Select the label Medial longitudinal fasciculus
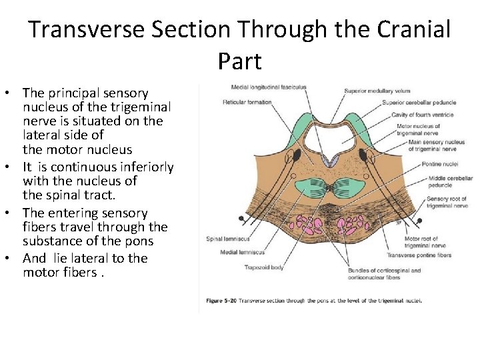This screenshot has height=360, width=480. point(269,87)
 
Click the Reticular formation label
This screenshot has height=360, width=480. point(247,102)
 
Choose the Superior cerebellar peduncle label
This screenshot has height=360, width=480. point(419,103)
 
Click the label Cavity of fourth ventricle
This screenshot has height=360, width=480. point(422,115)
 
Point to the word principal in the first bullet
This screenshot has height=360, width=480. point(71,93)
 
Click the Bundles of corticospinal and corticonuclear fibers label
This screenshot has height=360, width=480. point(384,274)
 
